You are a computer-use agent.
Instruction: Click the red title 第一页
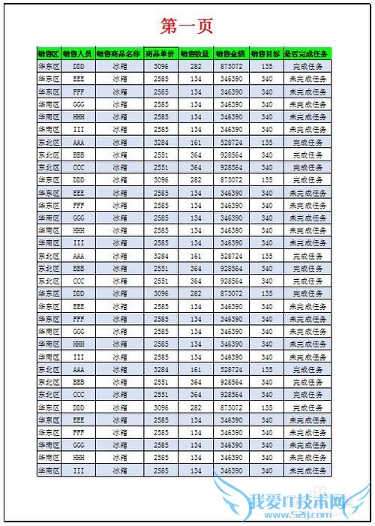tap(187, 26)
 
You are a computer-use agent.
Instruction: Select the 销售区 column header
tap(49, 54)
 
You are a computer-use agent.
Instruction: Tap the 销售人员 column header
tap(78, 54)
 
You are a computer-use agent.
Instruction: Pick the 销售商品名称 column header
tap(119, 54)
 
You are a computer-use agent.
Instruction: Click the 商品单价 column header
tap(160, 54)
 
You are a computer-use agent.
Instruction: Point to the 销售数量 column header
tap(196, 54)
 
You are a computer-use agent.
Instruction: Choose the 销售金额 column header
tap(231, 54)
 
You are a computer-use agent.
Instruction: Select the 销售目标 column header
tap(267, 54)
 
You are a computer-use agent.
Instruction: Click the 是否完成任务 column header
tap(307, 54)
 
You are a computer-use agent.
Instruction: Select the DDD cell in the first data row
tap(78, 66)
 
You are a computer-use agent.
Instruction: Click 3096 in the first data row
tap(160, 66)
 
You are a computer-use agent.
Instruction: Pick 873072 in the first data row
tap(231, 66)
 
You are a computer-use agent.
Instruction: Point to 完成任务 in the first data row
tap(307, 66)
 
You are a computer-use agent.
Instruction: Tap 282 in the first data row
tap(196, 66)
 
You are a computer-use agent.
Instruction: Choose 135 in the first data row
tap(267, 66)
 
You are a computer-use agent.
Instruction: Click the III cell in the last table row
tap(78, 470)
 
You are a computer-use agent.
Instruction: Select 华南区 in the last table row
tap(49, 470)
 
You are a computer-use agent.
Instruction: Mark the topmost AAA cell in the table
tap(78, 142)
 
